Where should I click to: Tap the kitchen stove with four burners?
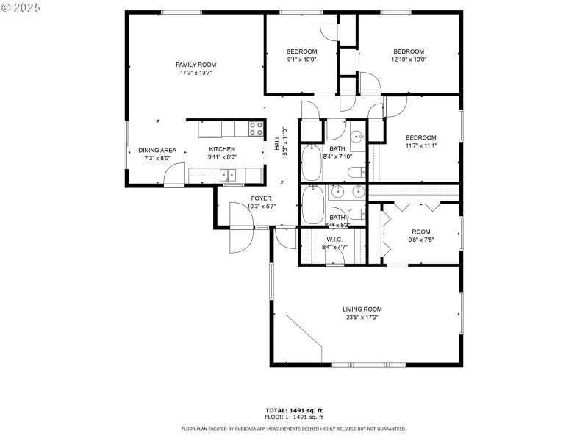click(256, 129)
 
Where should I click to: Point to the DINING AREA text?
click(157, 150)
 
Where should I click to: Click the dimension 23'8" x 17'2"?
click(362, 318)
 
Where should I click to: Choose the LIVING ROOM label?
click(362, 309)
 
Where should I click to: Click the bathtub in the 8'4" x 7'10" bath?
click(312, 164)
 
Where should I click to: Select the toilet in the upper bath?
click(356, 173)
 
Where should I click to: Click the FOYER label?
click(261, 198)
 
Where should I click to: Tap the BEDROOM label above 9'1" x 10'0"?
click(301, 51)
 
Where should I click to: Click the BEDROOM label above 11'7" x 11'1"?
click(420, 137)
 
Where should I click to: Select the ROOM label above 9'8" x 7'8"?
click(420, 232)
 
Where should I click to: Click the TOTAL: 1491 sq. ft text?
click(294, 409)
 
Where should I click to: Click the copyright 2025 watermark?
click(21, 7)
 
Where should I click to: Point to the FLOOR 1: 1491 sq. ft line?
click(294, 416)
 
